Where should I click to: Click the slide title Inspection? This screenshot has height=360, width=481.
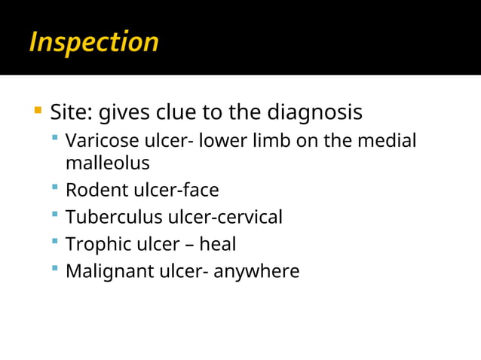coord(93,42)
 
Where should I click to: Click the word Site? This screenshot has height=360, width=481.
coord(70,113)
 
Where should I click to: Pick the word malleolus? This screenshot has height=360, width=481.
coord(107,163)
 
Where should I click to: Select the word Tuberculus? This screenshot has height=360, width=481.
coord(113,217)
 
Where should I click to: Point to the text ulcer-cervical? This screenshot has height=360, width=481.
coord(225,217)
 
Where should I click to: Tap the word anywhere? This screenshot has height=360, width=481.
coord(256,271)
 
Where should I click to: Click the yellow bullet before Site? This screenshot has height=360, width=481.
coord(37,112)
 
